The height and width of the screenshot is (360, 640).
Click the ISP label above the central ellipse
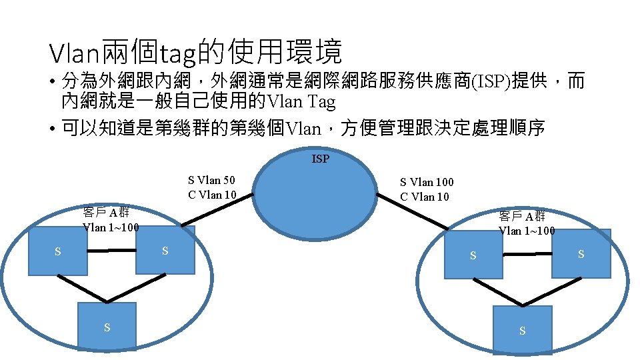(x=320, y=159)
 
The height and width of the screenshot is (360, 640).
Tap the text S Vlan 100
(x=427, y=182)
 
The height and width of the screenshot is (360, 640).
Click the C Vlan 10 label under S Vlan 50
(x=212, y=195)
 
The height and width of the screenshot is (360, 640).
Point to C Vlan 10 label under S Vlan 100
(x=425, y=197)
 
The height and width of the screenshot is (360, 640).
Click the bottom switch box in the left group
(x=107, y=327)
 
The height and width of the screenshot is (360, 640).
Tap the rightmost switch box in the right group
(x=581, y=253)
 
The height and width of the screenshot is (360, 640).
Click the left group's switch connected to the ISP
(x=165, y=250)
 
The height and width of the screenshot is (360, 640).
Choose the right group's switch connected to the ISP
(x=473, y=255)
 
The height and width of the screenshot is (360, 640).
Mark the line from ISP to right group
(x=413, y=213)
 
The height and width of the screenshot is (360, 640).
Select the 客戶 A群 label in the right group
(x=522, y=216)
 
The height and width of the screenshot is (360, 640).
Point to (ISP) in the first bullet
(x=492, y=82)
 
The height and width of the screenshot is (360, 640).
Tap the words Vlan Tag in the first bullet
(x=301, y=102)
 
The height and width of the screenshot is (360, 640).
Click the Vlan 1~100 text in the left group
(x=111, y=227)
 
